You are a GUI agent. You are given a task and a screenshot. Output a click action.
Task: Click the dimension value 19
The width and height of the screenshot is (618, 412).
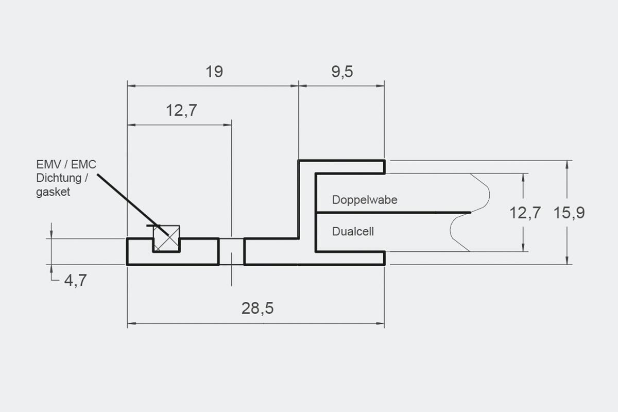[214, 72]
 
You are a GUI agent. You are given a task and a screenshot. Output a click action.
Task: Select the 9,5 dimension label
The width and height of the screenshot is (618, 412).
[342, 72]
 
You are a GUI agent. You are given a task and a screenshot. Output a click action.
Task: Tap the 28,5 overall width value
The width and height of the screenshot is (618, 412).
[257, 308]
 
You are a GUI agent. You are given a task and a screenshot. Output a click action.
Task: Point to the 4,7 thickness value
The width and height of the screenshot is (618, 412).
[75, 281]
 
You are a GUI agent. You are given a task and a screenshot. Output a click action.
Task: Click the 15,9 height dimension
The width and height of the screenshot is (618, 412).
[569, 213]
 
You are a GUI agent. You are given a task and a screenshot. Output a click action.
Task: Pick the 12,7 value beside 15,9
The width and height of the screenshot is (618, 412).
[525, 213]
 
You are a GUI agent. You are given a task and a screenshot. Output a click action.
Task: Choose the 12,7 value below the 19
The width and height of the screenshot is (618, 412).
[181, 110]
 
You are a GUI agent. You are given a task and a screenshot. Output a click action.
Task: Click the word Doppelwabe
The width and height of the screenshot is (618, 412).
[365, 200]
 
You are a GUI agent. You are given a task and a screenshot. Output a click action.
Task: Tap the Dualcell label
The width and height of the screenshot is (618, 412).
[353, 232]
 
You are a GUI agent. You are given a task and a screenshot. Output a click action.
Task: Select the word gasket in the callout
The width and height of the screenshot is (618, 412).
[53, 192]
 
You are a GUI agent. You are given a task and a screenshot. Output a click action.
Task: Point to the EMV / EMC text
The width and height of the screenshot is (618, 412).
[66, 165]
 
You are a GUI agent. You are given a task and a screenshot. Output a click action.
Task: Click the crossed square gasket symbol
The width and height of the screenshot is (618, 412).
[166, 238]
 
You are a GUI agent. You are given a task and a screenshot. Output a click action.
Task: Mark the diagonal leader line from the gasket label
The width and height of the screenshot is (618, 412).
[129, 202]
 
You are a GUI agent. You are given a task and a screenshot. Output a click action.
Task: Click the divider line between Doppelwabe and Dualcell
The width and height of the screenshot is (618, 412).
[391, 212]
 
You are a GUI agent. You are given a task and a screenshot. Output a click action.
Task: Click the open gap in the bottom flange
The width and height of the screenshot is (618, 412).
[231, 251]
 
